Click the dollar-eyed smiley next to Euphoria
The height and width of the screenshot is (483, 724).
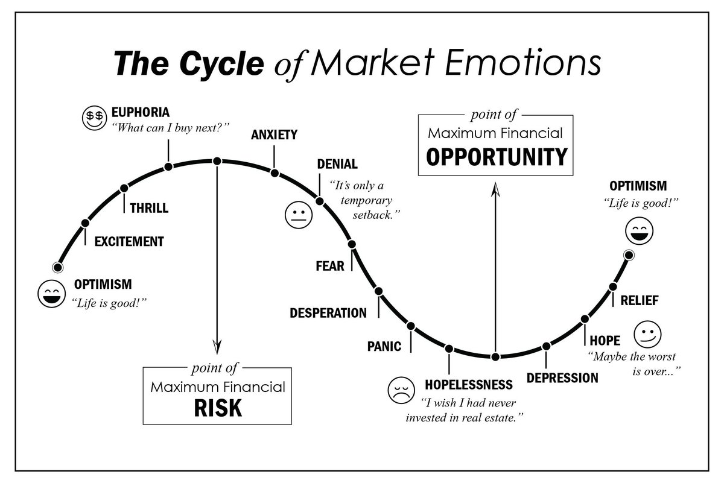click(94, 119)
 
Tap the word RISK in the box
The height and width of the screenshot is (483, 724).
click(217, 408)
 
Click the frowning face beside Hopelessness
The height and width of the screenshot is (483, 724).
click(400, 390)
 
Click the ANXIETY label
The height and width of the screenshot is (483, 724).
click(274, 134)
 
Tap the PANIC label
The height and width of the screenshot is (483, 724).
click(384, 346)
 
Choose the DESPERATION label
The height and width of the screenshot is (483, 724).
click(328, 313)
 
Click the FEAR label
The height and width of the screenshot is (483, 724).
click(330, 265)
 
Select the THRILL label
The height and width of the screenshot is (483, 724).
click(149, 209)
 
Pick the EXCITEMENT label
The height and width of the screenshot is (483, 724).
click(129, 242)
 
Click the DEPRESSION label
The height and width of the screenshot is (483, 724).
click(562, 378)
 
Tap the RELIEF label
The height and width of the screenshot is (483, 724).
click(640, 300)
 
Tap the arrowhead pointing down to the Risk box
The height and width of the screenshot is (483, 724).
click(217, 346)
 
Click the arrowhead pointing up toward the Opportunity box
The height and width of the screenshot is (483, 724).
click(495, 191)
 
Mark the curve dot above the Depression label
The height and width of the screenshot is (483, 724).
click(546, 346)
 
